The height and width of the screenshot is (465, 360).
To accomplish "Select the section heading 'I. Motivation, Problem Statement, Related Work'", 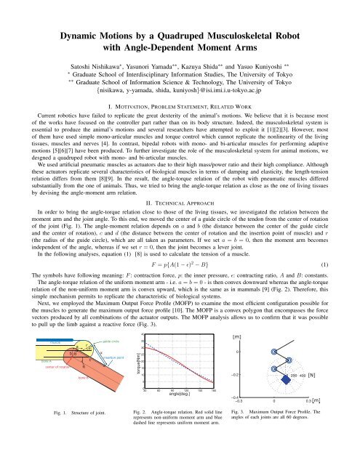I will pyautogui.click(x=180, y=106).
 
